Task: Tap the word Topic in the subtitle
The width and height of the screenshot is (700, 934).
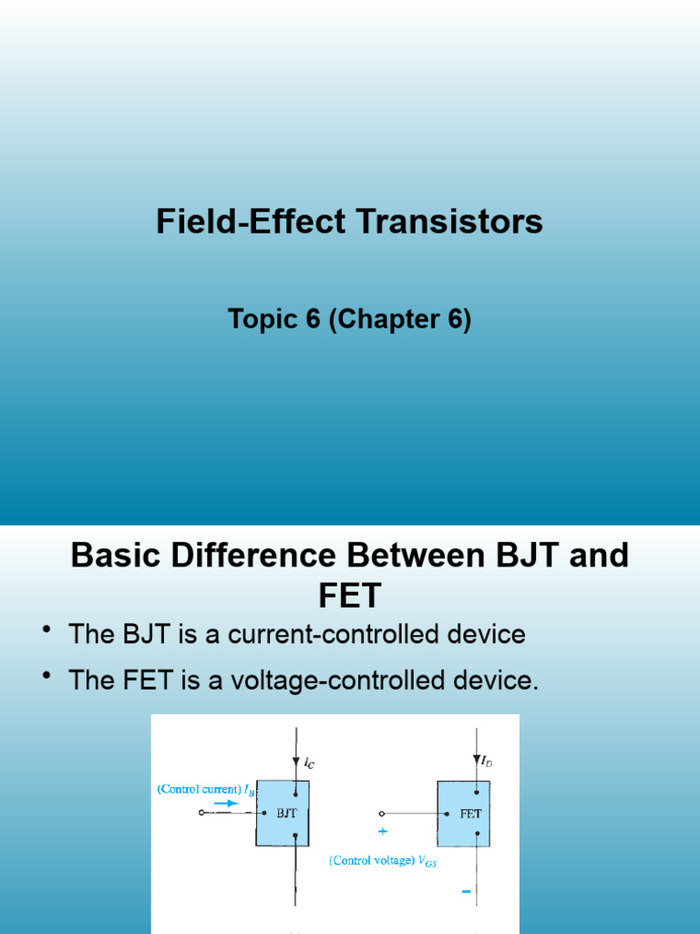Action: pyautogui.click(x=264, y=320)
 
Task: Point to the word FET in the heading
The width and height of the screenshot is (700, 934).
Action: pyautogui.click(x=349, y=597)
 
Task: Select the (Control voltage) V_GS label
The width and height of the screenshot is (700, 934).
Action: pyautogui.click(x=383, y=860)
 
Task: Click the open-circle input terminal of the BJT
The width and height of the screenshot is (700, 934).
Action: pyautogui.click(x=201, y=813)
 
